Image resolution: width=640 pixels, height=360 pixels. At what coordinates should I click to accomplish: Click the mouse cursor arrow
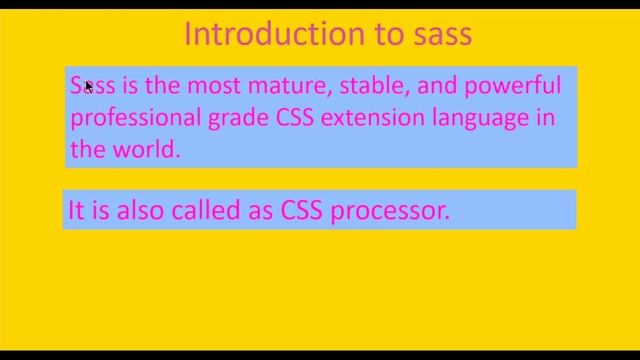click(88, 87)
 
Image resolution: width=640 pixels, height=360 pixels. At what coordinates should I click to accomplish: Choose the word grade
click(237, 118)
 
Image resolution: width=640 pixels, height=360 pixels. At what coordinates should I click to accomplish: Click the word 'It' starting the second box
click(76, 210)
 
